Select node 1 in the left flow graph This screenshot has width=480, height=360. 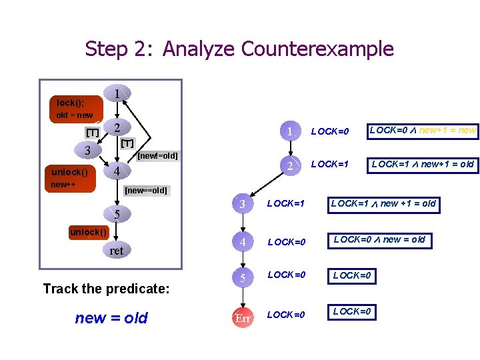(117, 95)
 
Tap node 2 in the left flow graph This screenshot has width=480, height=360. (117, 128)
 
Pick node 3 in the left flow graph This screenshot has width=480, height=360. (88, 150)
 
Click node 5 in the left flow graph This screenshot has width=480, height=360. (117, 214)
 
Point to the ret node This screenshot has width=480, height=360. (117, 251)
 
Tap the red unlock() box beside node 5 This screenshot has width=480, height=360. (88, 232)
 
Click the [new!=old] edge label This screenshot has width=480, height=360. (157, 156)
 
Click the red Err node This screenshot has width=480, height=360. (243, 319)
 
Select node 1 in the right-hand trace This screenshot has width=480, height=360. (290, 132)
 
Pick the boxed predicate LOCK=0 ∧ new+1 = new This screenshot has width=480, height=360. (423, 131)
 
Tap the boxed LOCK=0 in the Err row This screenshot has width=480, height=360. (353, 311)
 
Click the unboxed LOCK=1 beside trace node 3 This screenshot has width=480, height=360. (286, 203)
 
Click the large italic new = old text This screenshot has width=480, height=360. (111, 318)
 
